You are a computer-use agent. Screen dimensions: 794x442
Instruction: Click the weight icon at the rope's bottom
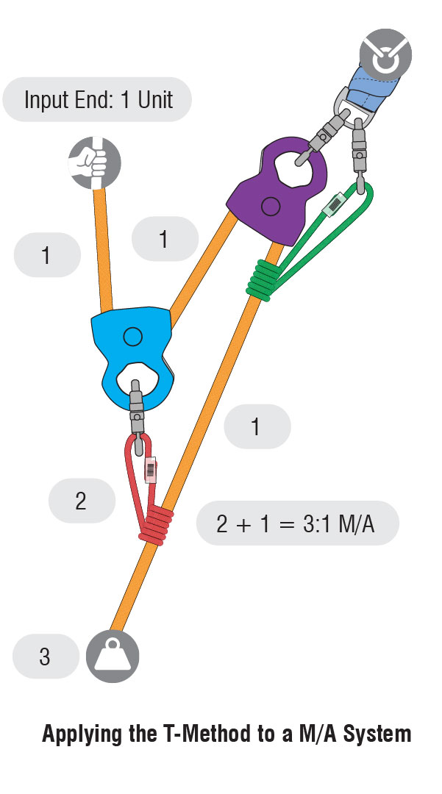pos(113,657)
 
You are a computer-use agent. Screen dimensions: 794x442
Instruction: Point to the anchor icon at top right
pos(385,56)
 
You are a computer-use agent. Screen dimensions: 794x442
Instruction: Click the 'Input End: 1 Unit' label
pos(98,99)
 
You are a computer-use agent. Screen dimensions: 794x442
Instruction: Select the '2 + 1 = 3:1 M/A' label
pos(297,523)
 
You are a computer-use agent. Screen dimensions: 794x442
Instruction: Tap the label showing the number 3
pos(45,657)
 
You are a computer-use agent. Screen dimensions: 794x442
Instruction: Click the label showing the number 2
pos(81,501)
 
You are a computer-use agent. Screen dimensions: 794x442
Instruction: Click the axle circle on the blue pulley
pos(132,337)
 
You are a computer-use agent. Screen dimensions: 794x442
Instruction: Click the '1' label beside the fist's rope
pos(46,255)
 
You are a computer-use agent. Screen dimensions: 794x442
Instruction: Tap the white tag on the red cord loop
pos(152,469)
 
